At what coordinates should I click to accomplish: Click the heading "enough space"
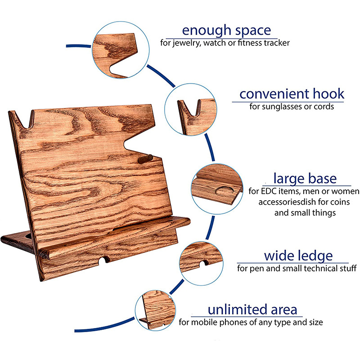point(226,31)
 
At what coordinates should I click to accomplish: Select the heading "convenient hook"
point(292,94)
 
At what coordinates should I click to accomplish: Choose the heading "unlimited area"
point(252,310)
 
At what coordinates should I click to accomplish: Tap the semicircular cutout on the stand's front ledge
point(105,260)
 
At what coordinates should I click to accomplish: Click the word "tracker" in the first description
point(274,44)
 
